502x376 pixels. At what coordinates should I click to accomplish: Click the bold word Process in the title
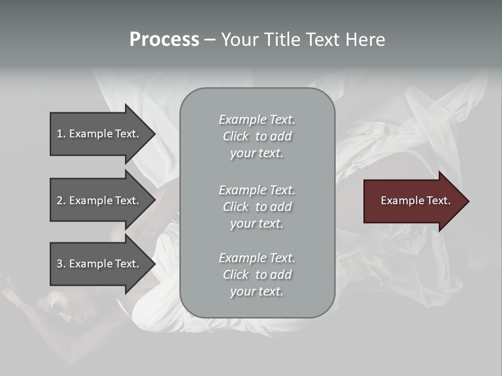[x=164, y=40]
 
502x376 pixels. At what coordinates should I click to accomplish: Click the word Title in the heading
[x=281, y=40]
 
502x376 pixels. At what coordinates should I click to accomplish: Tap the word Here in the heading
[x=366, y=40]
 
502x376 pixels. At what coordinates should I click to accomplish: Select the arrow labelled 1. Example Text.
[x=99, y=134]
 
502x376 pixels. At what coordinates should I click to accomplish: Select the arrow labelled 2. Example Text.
[x=99, y=201]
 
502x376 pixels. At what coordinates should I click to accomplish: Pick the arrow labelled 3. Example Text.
[x=99, y=264]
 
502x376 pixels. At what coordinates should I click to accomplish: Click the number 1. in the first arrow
[x=61, y=134]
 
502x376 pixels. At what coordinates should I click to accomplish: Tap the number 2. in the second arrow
[x=61, y=201]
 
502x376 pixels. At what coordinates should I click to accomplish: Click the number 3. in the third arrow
[x=61, y=264]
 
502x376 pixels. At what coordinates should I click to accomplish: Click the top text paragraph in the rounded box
[x=257, y=136]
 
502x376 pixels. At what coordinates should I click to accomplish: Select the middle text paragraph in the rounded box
[x=257, y=207]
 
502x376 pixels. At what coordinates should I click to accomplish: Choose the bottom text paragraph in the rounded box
[x=257, y=275]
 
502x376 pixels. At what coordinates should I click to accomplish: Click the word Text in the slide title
[x=324, y=40]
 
